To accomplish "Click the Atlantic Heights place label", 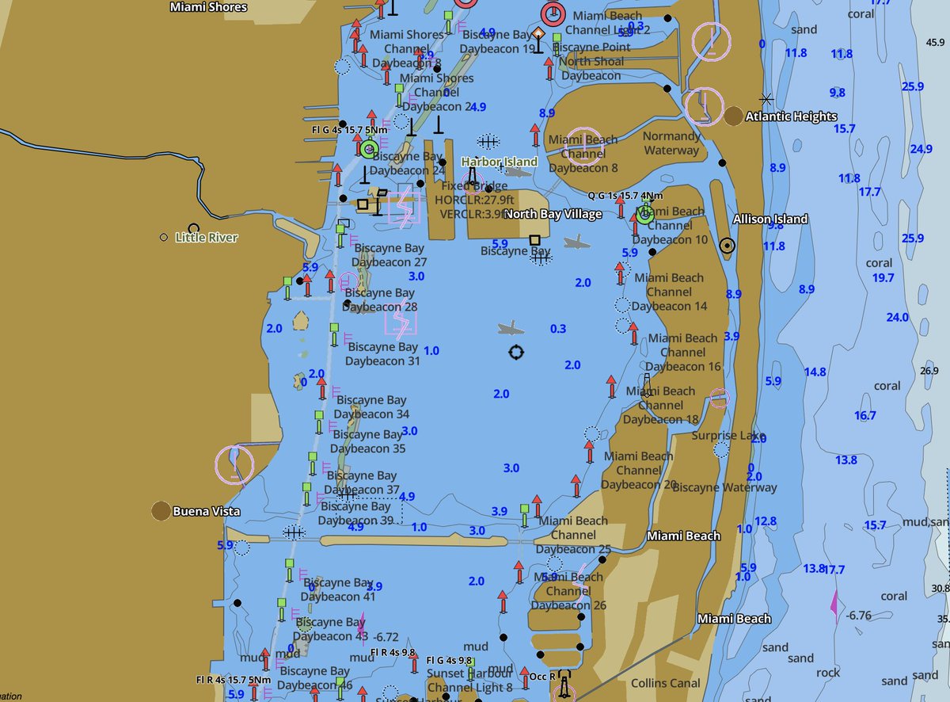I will click(x=791, y=116).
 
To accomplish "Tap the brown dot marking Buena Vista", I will click(x=161, y=511).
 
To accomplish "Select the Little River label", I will click(x=206, y=237).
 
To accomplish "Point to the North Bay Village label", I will click(x=553, y=214).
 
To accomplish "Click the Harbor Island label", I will click(x=500, y=162).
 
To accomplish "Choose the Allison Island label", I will click(x=770, y=219).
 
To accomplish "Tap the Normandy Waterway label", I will click(x=671, y=143).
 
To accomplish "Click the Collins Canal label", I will click(x=665, y=683).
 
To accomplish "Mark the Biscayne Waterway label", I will click(x=724, y=487).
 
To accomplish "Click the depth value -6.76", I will click(x=858, y=615).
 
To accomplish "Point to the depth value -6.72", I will click(x=386, y=637).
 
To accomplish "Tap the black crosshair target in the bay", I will click(x=516, y=353).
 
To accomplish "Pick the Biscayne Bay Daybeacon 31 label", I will click(x=383, y=353).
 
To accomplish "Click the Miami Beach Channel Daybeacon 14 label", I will click(x=669, y=292).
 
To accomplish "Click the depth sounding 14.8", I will click(x=815, y=372).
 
